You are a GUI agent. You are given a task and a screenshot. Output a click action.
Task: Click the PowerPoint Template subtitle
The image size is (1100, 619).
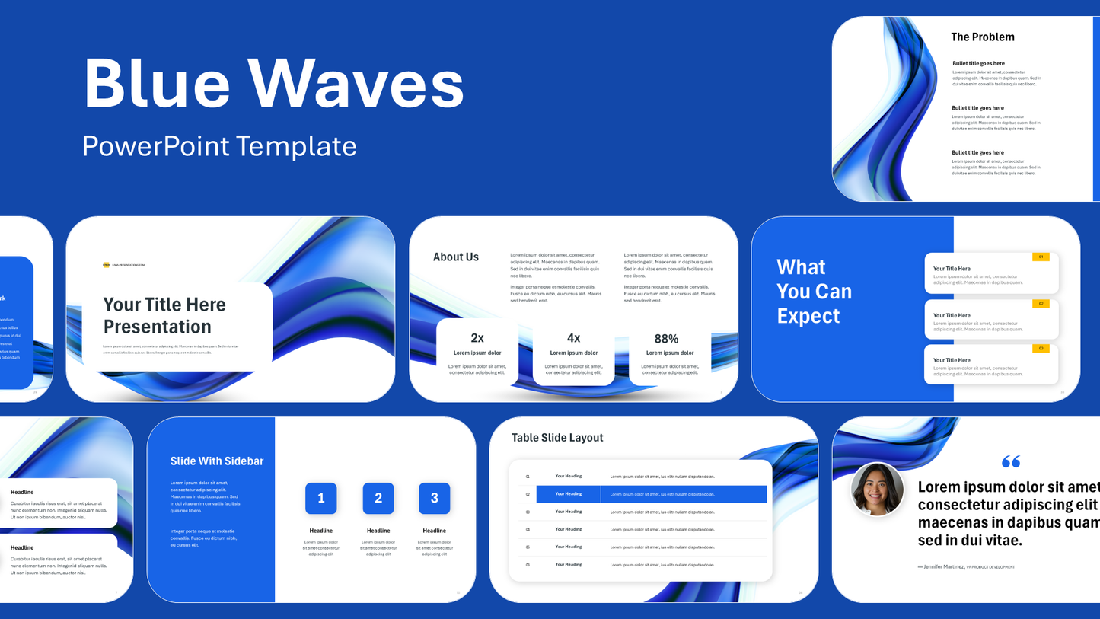coord(219,145)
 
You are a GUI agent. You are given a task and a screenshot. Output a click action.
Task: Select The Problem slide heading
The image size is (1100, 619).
coord(982,37)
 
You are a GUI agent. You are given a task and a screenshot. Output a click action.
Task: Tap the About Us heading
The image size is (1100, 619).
coord(455,257)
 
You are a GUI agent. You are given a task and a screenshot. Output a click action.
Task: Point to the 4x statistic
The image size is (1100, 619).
coord(573,338)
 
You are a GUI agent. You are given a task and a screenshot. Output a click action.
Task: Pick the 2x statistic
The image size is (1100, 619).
coord(477,338)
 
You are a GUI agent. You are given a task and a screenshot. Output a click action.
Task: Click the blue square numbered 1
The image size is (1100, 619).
coord(320,498)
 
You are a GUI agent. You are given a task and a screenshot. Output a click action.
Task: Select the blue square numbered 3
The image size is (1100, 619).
coord(434,498)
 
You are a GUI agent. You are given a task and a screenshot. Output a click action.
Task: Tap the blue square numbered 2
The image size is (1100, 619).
coord(378,498)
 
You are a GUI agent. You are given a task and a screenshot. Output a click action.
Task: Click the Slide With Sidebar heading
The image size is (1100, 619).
coord(217,461)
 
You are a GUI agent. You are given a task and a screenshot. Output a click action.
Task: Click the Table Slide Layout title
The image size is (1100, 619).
coord(557,438)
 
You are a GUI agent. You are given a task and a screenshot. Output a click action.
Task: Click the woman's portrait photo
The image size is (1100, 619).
coord(877,489)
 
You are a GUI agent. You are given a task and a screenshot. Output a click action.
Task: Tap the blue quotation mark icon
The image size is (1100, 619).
coord(1011,461)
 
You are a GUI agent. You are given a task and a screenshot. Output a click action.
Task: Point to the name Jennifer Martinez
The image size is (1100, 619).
coord(942,566)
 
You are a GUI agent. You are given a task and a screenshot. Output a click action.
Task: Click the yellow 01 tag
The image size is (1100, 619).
coord(1041,257)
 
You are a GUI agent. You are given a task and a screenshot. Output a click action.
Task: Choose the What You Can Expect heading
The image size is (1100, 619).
coord(814,292)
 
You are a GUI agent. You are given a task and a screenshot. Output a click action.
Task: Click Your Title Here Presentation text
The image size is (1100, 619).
coord(164,315)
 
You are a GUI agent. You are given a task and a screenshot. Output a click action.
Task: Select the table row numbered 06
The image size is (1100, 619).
coord(639,565)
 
